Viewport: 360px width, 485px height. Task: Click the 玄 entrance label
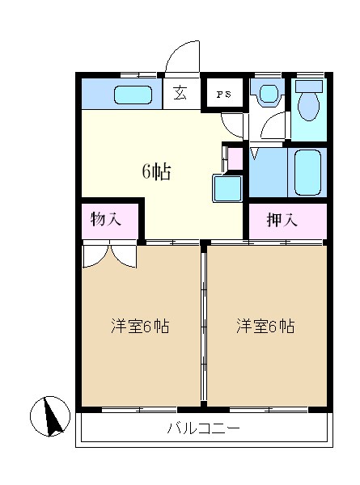180,93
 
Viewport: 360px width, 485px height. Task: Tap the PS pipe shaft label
224,94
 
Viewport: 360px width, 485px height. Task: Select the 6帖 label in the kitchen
156,171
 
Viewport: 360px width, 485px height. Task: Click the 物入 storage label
107,218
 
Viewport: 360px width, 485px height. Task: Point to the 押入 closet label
281,219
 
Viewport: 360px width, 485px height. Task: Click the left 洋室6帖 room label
139,327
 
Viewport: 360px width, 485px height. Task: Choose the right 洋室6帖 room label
265,327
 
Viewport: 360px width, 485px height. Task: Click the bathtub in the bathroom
308,172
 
